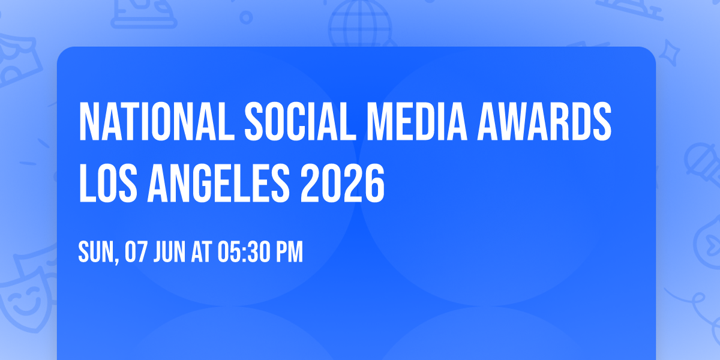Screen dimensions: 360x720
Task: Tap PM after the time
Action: click(x=289, y=253)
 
